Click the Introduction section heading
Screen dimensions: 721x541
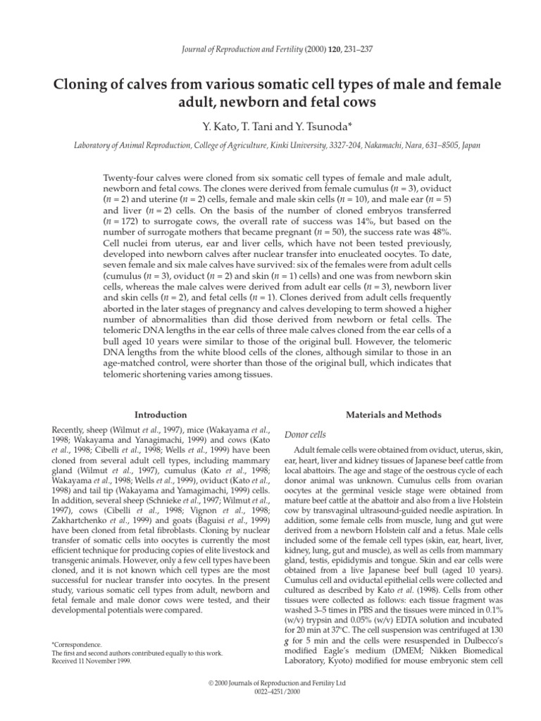pyautogui.click(x=161, y=415)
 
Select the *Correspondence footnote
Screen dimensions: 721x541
pyautogui.click(x=77, y=644)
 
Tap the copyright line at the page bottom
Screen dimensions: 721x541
pyautogui.click(x=270, y=684)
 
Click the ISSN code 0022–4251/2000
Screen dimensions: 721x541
pyautogui.click(x=270, y=693)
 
